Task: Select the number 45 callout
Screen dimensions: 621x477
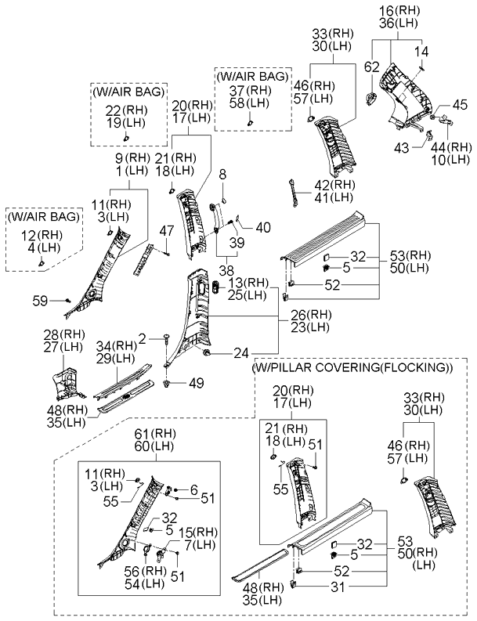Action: click(x=460, y=104)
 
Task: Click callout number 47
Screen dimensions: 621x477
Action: click(x=164, y=230)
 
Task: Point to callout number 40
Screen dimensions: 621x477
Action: click(x=263, y=228)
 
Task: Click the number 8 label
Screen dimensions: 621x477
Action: click(x=222, y=173)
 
